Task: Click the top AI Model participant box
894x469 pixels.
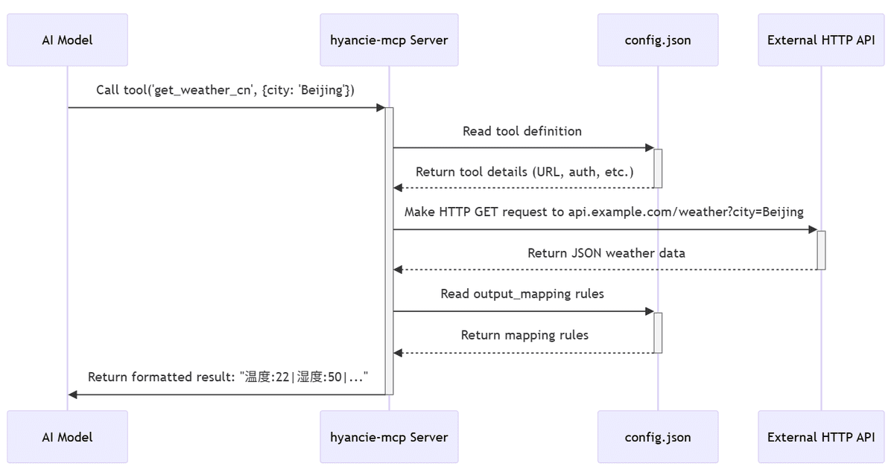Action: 68,40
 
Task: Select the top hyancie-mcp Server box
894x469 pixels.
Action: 389,40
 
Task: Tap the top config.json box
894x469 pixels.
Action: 658,40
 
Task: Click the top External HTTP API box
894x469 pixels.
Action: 821,40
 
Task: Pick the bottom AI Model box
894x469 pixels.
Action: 68,437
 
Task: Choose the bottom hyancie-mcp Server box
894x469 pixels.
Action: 389,437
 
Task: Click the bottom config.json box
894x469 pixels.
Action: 658,437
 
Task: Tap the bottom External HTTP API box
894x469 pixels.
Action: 821,437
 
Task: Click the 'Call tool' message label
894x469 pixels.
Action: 225,90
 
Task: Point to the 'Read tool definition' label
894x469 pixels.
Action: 522,131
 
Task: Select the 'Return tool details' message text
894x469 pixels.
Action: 524,172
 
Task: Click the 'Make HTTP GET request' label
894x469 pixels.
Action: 604,212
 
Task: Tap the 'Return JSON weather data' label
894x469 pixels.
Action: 606,253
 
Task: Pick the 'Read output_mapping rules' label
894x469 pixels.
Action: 522,294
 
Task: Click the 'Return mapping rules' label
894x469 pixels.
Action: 524,336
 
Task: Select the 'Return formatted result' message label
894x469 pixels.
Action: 228,377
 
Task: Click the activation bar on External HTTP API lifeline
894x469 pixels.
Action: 821,250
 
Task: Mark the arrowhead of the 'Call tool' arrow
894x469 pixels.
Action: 381,108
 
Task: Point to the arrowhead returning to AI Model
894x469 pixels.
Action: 73,395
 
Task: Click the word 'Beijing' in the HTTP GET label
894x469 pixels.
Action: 783,212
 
